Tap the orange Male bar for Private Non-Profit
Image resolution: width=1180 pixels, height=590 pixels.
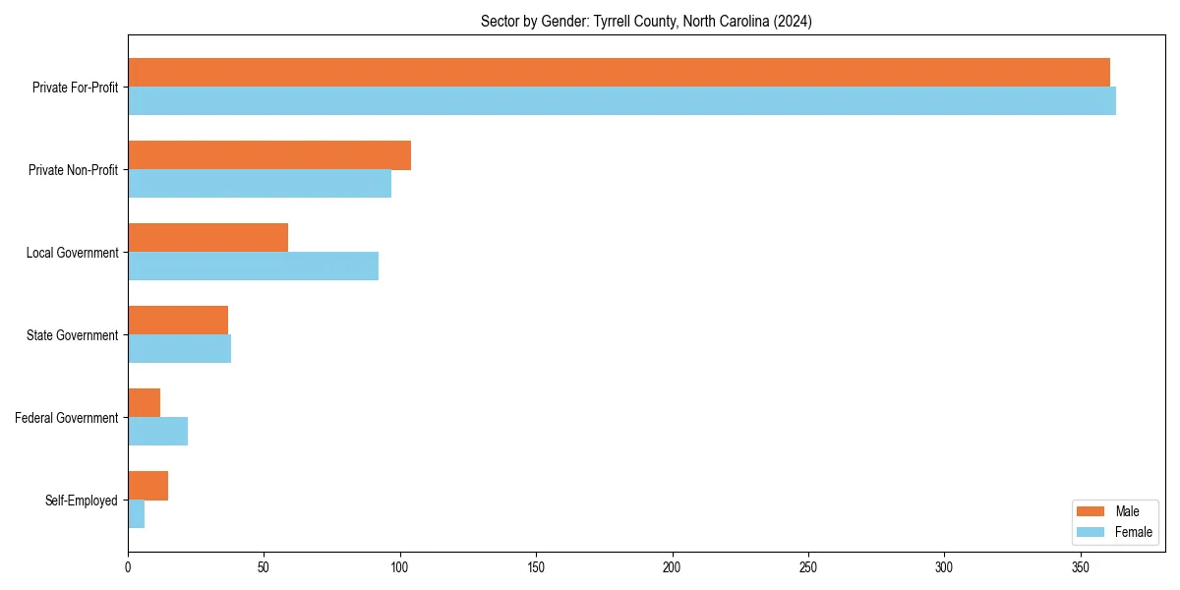pos(269,155)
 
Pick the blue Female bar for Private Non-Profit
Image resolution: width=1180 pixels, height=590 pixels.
pos(260,184)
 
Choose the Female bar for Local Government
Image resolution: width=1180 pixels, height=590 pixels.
pos(253,266)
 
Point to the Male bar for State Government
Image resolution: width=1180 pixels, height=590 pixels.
pos(178,321)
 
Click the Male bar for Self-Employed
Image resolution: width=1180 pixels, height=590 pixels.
pos(147,486)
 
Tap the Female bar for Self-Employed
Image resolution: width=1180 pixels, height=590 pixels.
pos(136,514)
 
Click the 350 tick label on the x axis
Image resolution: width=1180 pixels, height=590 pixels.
pos(1081,567)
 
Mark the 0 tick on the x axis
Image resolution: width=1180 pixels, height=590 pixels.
pos(128,567)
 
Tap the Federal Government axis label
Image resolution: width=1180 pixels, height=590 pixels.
pos(66,418)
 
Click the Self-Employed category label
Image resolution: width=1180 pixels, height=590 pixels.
pos(81,501)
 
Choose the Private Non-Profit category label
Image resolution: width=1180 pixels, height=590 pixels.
pos(73,170)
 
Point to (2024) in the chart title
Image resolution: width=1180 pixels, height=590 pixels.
pos(792,21)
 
